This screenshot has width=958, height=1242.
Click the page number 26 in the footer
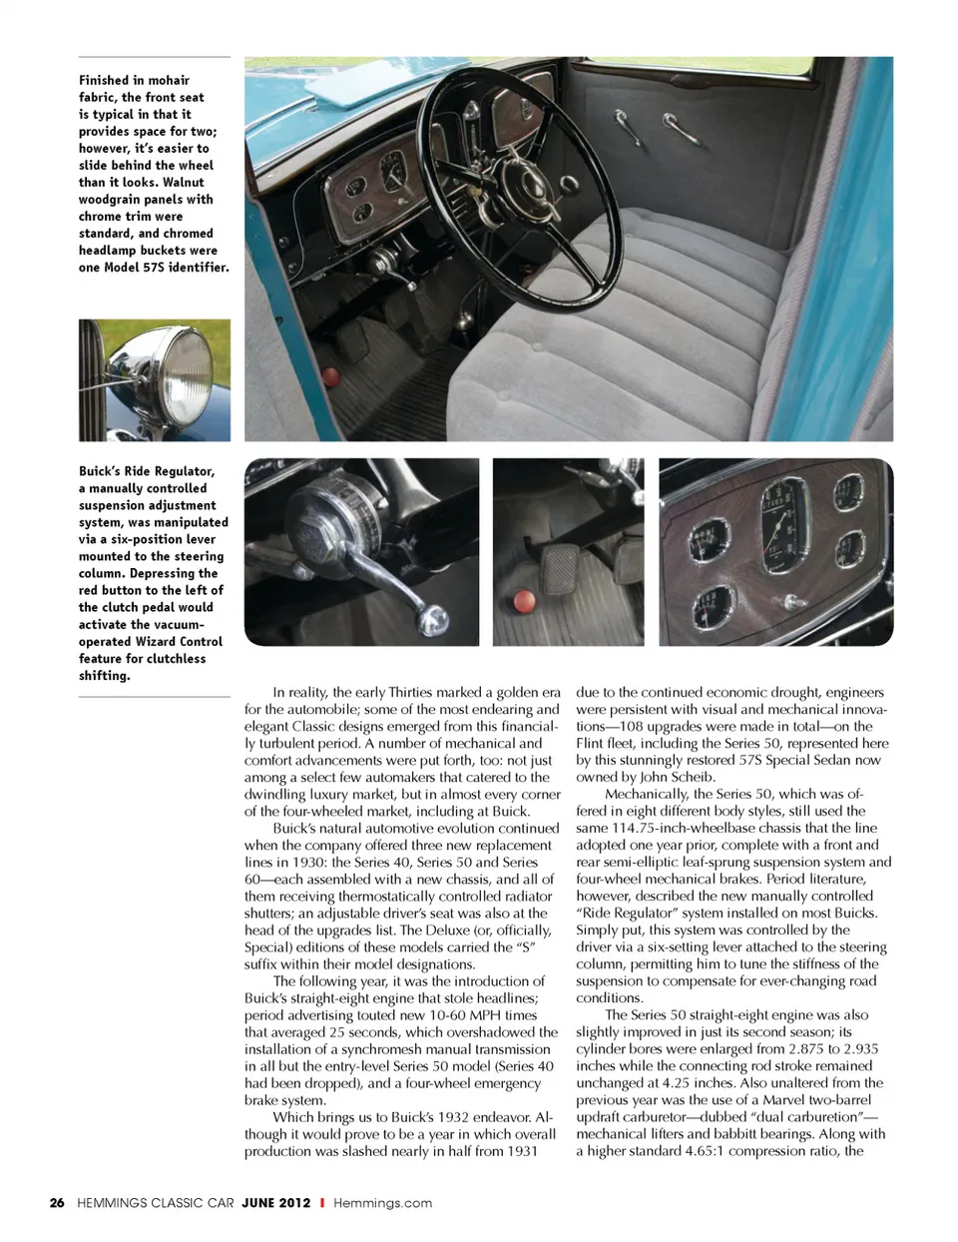pos(57,1203)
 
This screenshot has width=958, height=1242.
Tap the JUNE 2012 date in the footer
pos(275,1203)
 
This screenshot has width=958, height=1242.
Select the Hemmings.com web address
pos(382,1203)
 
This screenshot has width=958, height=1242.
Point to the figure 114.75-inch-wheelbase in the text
pos(697,829)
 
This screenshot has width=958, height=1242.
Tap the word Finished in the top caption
pos(105,80)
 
